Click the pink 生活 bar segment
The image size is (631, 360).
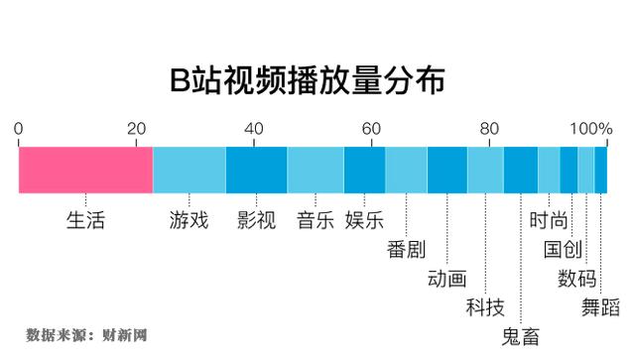[85, 171]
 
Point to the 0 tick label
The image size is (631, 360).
[19, 128]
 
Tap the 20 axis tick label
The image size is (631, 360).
[136, 128]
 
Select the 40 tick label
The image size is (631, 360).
[253, 128]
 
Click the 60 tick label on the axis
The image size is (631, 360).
[370, 128]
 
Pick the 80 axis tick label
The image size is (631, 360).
[487, 128]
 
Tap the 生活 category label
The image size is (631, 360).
[85, 219]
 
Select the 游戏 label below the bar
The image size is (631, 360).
[189, 219]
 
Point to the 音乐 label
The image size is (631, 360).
[315, 219]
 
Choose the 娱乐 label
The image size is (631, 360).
[364, 219]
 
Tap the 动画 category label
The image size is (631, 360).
[446, 278]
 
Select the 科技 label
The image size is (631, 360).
[485, 306]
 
